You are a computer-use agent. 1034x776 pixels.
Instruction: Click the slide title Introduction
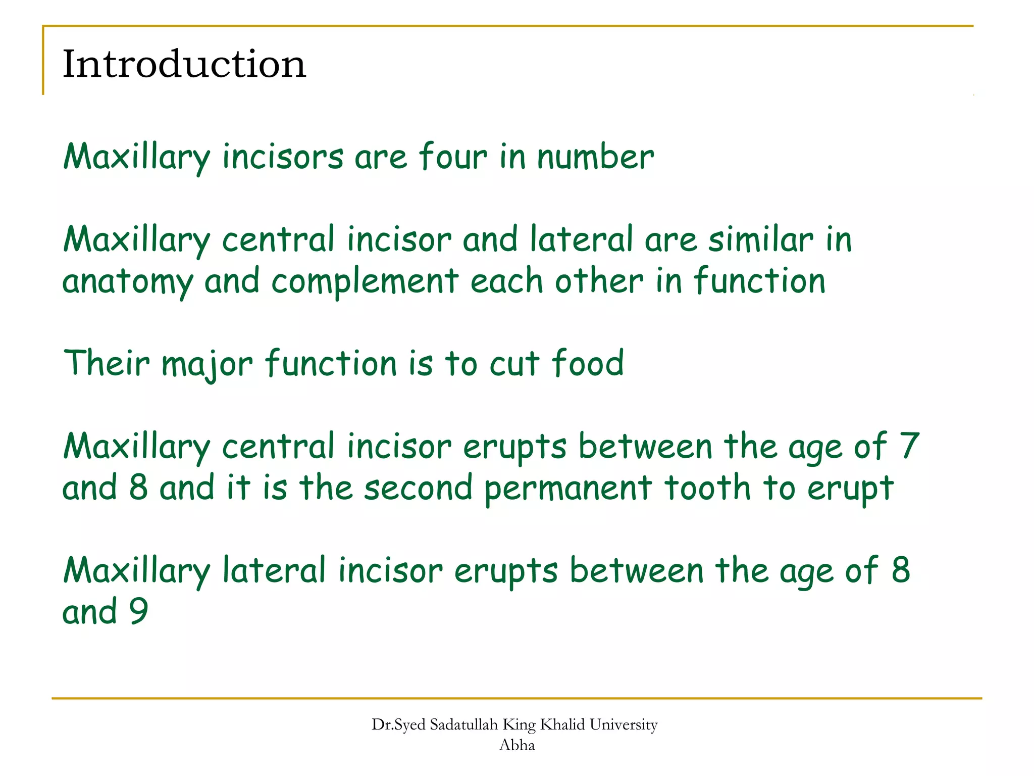point(184,64)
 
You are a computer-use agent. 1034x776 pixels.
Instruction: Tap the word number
point(595,157)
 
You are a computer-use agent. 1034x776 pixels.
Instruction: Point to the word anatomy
point(128,282)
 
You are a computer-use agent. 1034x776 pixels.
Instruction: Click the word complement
point(365,282)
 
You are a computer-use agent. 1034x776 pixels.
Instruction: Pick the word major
point(207,364)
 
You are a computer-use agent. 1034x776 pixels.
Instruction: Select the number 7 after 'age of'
point(909,446)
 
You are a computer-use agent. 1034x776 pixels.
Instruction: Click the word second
point(419,488)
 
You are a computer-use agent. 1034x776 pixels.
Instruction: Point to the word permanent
point(568,489)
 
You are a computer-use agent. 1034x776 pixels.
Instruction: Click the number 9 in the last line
point(138,611)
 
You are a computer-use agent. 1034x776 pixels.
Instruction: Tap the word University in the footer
point(624,725)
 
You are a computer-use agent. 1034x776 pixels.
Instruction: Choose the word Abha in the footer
point(516,745)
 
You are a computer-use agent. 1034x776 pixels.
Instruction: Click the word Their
point(107,363)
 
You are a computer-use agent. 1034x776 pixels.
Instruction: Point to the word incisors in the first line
point(283,156)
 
